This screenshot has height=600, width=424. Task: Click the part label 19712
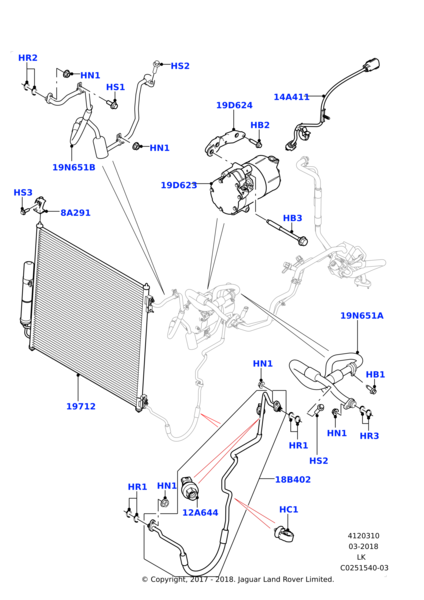click(80, 407)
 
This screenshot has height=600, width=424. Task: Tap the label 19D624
click(234, 105)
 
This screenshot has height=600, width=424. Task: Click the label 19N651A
click(361, 316)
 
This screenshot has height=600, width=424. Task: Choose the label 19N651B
click(74, 167)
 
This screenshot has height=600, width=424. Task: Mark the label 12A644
click(200, 513)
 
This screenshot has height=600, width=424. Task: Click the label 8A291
click(75, 213)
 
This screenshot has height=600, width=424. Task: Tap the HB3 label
click(292, 218)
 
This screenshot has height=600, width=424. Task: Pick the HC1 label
click(288, 510)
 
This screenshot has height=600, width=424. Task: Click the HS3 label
click(23, 192)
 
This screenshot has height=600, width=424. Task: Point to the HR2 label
click(28, 58)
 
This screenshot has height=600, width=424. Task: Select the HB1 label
click(375, 375)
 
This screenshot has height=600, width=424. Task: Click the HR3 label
click(369, 436)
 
